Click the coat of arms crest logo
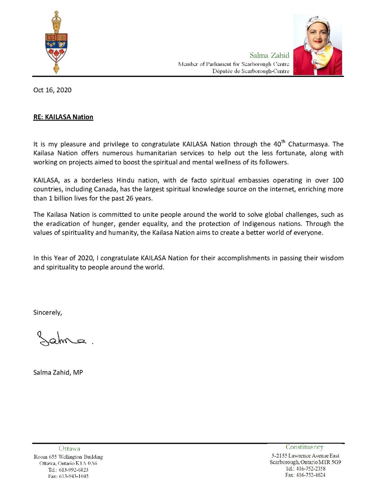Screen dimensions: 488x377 click(57, 42)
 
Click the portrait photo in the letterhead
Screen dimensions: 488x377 click(317, 45)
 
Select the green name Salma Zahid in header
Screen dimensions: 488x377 click(269, 55)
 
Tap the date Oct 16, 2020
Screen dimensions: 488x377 click(52, 90)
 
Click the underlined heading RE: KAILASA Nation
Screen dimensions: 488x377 click(63, 117)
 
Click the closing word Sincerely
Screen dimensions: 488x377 click(47, 313)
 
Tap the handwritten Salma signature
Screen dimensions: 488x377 click(63, 339)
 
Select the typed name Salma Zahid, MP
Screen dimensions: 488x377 click(58, 373)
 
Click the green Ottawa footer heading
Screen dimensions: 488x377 click(69, 449)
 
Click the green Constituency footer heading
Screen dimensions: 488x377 click(304, 447)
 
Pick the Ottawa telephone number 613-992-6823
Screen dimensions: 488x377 click(74, 470)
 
